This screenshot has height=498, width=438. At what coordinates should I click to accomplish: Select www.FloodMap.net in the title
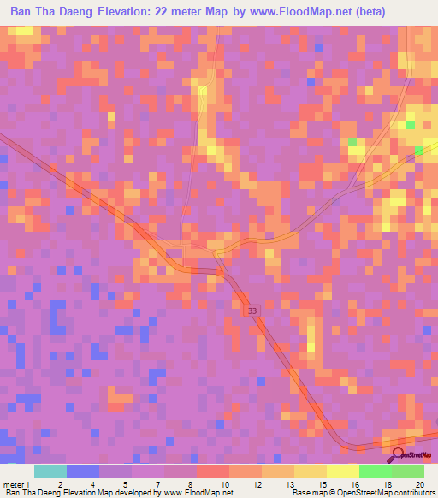tap(303, 12)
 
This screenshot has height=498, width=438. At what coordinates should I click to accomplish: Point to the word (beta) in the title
tap(367, 12)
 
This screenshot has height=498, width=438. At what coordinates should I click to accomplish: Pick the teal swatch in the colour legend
tap(50, 471)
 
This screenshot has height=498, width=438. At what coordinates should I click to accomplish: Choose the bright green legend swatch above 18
tap(375, 471)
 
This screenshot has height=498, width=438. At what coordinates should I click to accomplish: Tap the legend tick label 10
tap(223, 483)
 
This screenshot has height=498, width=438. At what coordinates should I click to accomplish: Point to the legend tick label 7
tap(158, 483)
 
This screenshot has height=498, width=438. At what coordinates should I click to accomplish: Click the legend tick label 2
tap(60, 483)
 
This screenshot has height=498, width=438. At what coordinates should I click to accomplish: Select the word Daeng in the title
tap(88, 12)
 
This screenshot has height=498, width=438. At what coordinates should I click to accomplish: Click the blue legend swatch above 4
tap(82, 471)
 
